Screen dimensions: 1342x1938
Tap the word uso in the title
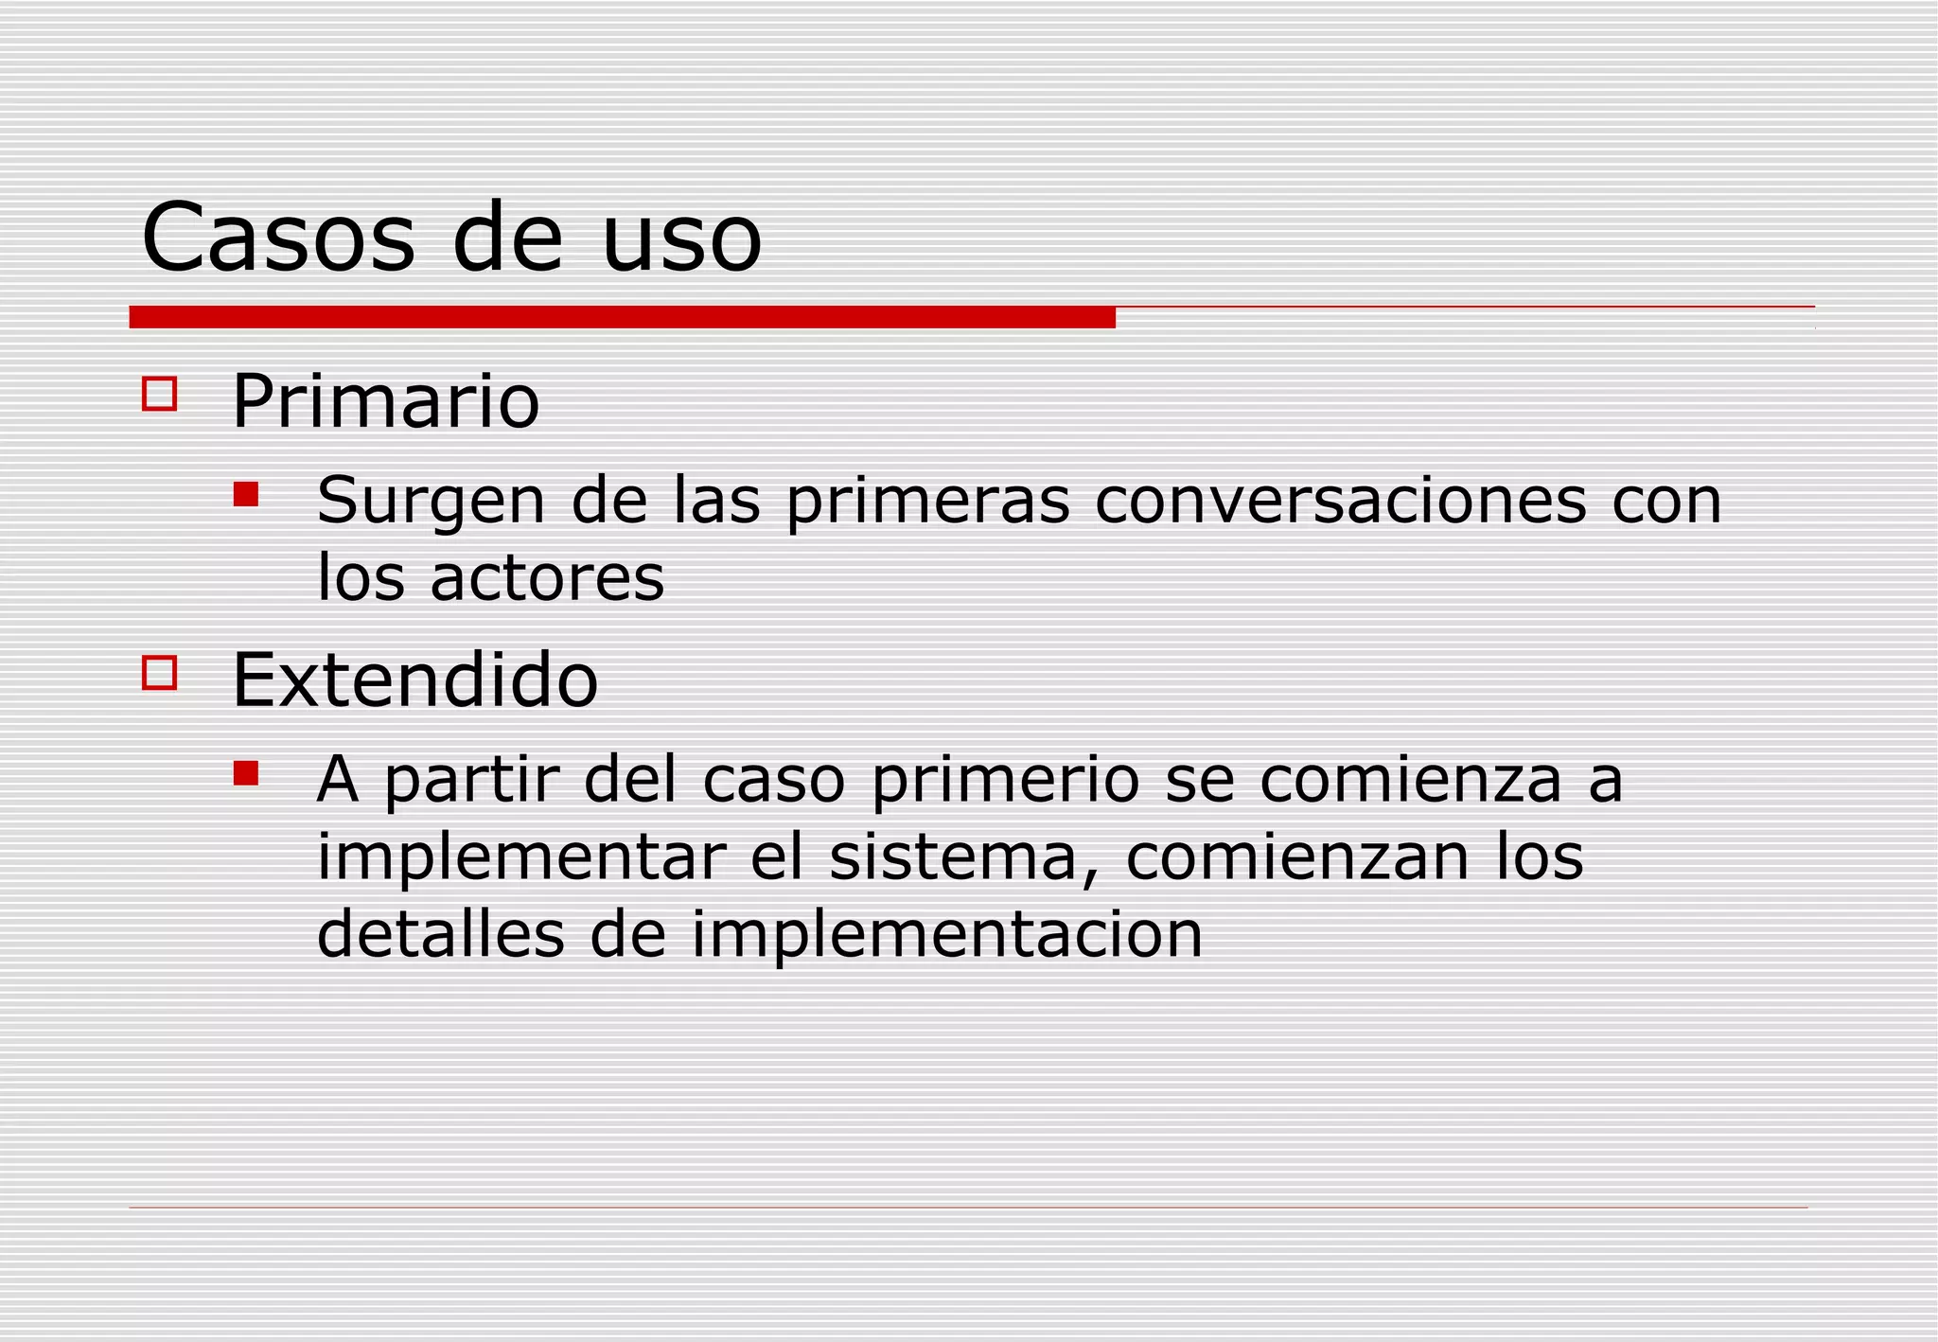[681, 239]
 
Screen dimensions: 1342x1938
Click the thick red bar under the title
[622, 317]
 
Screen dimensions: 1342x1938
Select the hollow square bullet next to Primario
[159, 394]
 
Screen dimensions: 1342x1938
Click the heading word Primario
[385, 401]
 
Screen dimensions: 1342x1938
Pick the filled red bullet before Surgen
[246, 494]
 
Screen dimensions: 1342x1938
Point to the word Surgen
[431, 502]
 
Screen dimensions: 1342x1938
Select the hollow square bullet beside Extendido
[159, 673]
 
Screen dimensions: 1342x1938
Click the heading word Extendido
[414, 680]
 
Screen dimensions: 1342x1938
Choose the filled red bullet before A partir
[246, 773]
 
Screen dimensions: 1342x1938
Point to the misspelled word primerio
[1005, 781]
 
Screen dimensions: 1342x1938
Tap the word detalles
[440, 934]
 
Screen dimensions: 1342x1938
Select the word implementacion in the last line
[946, 936]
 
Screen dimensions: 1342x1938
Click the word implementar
[520, 858]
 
